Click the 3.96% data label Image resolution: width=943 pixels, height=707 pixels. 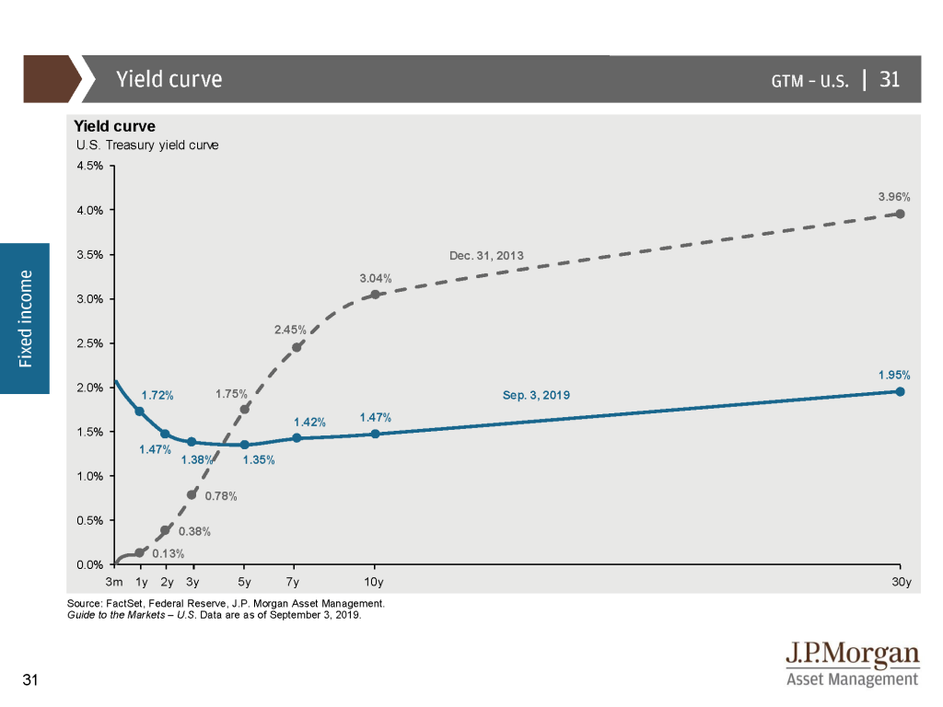(894, 196)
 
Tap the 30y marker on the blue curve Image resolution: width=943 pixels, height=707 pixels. (900, 391)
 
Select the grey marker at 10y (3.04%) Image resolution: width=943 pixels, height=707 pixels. (375, 295)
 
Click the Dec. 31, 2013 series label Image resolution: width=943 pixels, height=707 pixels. (486, 255)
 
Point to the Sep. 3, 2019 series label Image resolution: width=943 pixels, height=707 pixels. (536, 396)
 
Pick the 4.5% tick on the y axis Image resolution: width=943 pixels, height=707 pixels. (89, 167)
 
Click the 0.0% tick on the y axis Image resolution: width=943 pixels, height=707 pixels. (89, 564)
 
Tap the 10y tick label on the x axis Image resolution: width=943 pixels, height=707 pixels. (374, 582)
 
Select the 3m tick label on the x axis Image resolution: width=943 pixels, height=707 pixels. (115, 582)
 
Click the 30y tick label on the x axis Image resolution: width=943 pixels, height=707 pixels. (901, 582)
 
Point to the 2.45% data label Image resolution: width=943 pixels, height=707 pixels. (289, 330)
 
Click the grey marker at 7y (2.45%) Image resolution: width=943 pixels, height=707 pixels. (297, 347)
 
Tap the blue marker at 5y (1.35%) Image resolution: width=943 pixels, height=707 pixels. (245, 445)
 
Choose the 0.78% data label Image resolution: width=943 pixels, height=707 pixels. (220, 497)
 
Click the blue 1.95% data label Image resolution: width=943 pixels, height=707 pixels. (894, 375)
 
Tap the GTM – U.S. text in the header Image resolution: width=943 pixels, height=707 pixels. (809, 80)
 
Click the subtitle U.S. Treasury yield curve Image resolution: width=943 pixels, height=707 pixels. (148, 145)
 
